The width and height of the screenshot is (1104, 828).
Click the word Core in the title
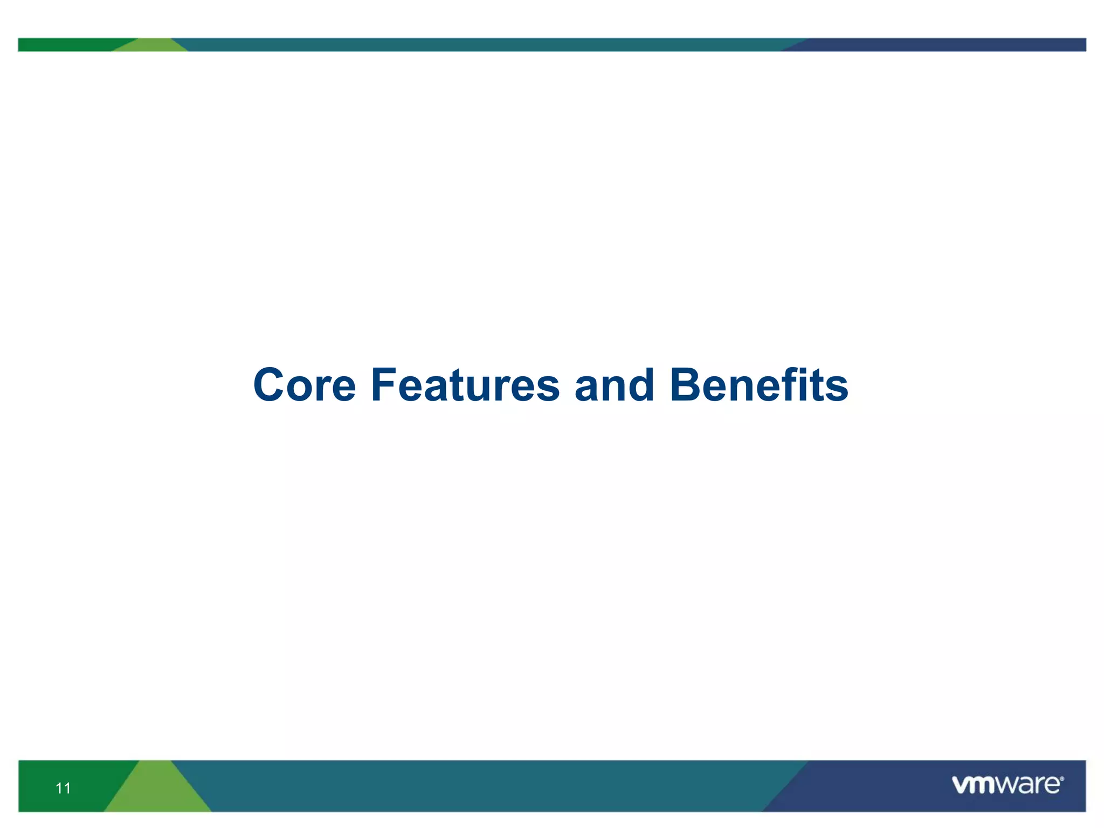coord(305,385)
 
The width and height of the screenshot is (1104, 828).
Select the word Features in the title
coord(465,385)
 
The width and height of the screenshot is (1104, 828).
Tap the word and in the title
coord(614,385)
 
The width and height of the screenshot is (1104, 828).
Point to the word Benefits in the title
coord(758,385)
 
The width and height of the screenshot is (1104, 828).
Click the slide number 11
coord(63,788)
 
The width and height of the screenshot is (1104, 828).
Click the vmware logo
coord(1007,785)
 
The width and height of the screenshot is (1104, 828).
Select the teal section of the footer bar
coord(485,786)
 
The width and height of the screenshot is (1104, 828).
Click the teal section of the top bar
coord(485,45)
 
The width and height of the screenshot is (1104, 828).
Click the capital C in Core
coord(269,385)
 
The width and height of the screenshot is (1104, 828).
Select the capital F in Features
coord(383,385)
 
